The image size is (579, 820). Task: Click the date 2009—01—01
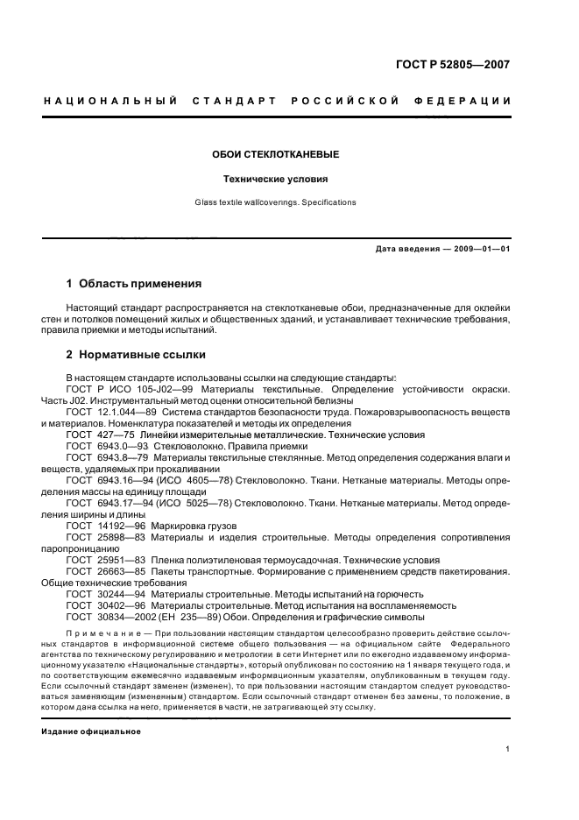tap(479, 249)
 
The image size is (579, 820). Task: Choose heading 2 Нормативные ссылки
tap(136, 355)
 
